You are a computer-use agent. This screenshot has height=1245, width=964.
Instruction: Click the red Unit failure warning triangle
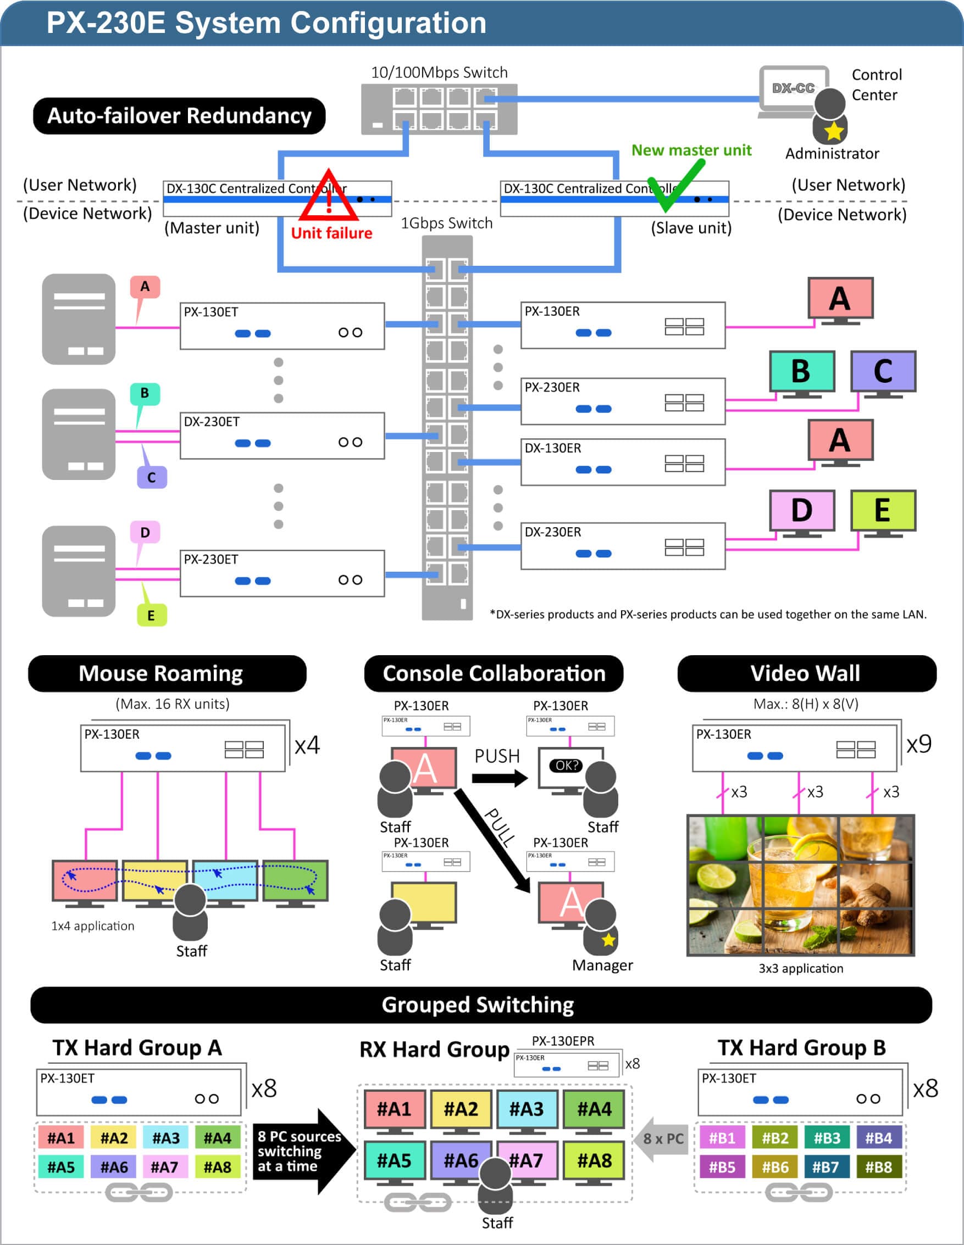coord(329,197)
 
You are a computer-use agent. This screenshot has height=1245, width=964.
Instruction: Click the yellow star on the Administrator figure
coord(833,132)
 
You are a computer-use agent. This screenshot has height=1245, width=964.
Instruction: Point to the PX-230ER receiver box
coord(622,401)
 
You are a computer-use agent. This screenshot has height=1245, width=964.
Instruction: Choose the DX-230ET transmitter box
coord(282,436)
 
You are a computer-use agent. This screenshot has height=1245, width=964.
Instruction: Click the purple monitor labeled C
coord(883,372)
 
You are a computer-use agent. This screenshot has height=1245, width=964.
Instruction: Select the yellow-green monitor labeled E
coord(883,510)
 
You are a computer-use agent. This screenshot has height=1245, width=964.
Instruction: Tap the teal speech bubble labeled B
coord(145,393)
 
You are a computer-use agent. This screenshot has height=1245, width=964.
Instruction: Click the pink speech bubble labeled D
coord(145,532)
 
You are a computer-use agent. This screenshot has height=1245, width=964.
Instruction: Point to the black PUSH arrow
coord(499,778)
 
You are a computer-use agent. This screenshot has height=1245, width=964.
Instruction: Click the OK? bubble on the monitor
coord(566,765)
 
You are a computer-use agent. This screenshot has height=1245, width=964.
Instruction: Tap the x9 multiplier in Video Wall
coord(919,744)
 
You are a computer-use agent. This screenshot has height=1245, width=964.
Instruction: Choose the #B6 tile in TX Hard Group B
coord(774,1167)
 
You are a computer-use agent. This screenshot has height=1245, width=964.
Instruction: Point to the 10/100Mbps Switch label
coord(439,72)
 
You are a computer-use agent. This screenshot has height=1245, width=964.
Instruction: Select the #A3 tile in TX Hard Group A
coord(166,1138)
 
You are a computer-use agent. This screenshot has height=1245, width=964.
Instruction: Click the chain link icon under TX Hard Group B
coord(799,1191)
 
